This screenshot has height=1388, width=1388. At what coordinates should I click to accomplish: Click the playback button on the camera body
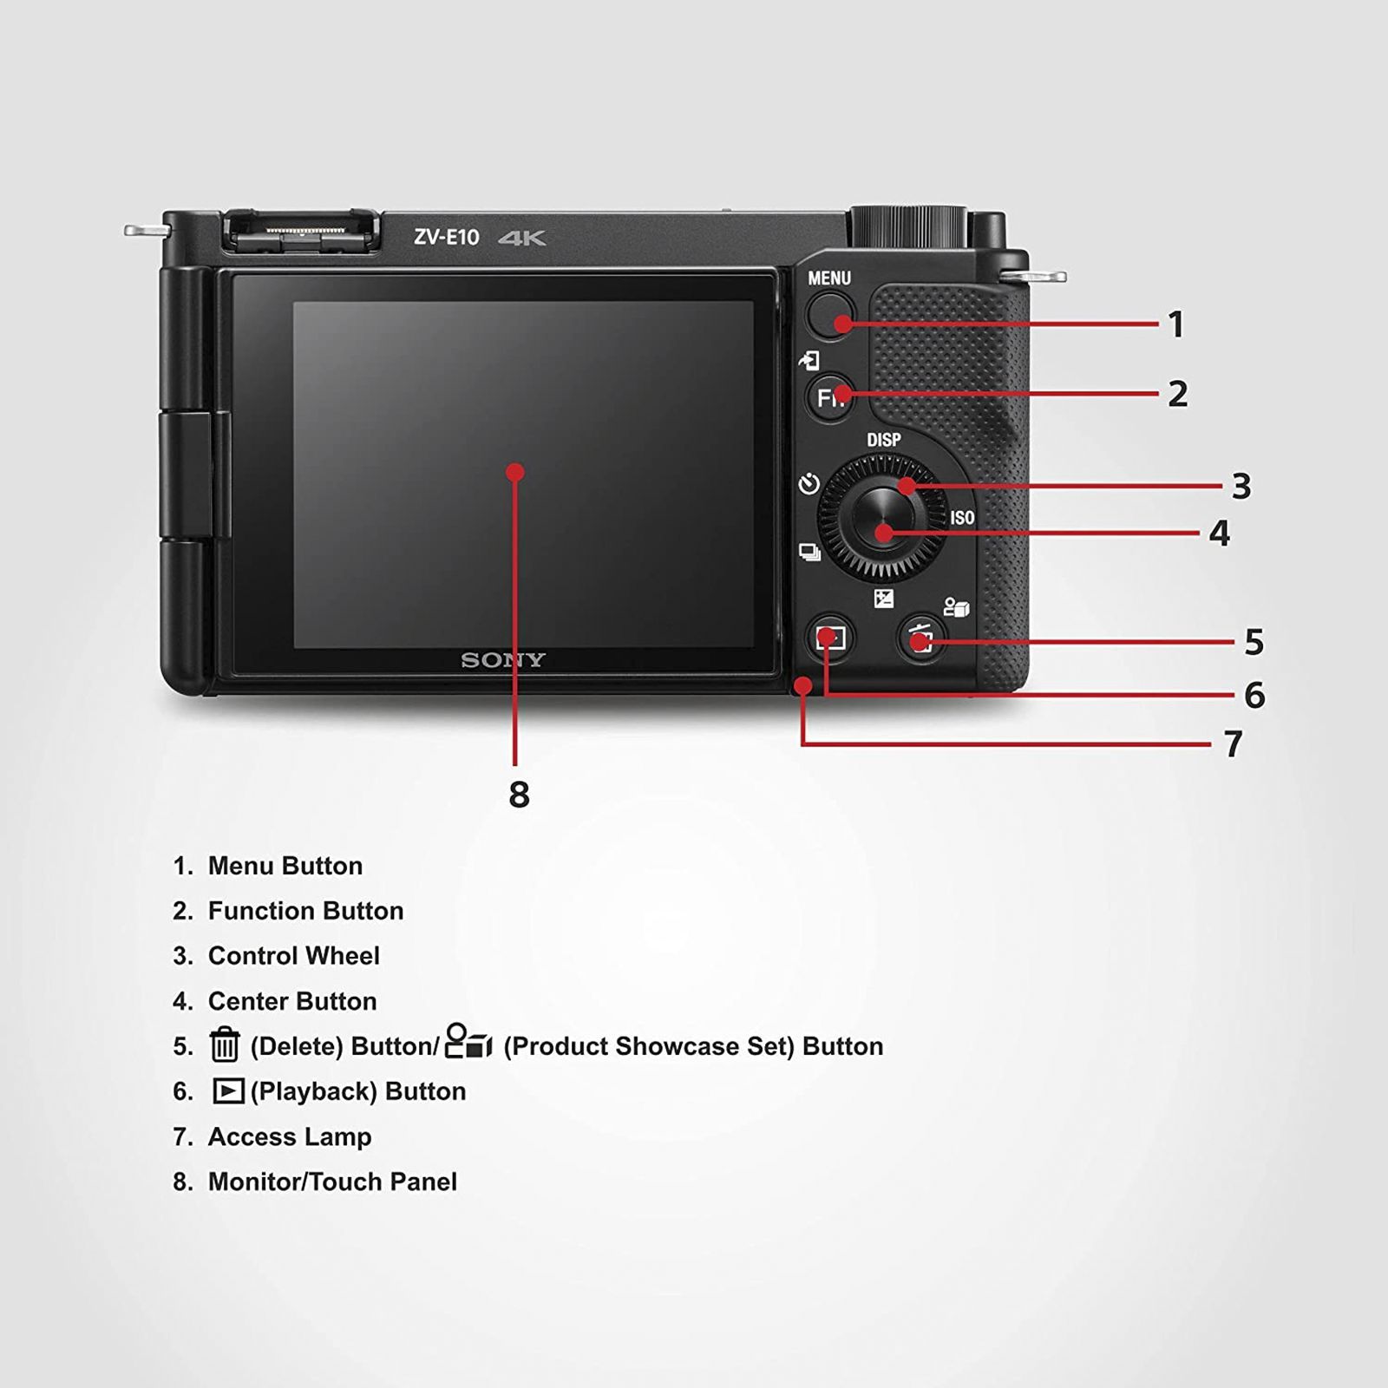pos(830,639)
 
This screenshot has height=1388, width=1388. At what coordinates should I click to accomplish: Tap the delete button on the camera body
pos(921,640)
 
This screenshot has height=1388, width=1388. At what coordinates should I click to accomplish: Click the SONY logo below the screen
pos(502,660)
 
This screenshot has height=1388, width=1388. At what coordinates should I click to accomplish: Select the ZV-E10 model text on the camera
pos(446,238)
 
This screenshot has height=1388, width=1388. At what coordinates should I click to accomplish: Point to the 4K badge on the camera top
pos(522,239)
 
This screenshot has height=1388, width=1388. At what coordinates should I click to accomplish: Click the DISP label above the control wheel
pos(883,440)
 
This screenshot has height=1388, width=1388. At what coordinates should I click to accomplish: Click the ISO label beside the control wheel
pos(962,518)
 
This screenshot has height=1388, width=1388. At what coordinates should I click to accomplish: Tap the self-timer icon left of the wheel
pos(809,483)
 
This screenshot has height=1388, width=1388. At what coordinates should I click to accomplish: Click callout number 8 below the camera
pos(519,795)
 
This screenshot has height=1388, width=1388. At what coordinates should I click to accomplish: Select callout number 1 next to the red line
pos(1176,325)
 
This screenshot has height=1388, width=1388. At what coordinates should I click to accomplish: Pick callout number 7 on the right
pos(1233,744)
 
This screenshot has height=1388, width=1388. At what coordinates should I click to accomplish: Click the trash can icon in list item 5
pos(225,1044)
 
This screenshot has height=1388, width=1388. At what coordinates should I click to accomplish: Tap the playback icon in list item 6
pos(228,1090)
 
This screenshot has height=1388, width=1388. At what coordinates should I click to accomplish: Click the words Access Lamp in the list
pos(290,1136)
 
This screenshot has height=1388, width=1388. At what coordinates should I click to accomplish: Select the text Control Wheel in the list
pos(293,956)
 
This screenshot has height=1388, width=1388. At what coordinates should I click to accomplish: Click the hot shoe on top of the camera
pos(302,232)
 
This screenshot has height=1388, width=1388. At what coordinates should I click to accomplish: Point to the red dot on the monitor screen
pos(515,472)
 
